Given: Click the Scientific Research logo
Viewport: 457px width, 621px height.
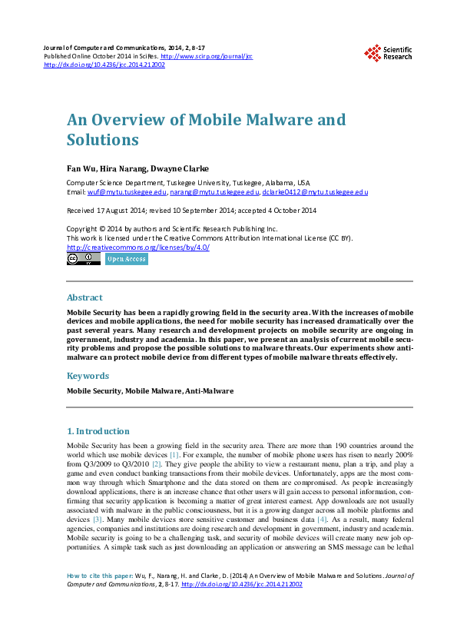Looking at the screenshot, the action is pos(388,52).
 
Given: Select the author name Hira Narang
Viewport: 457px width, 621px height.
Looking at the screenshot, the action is pos(121,169).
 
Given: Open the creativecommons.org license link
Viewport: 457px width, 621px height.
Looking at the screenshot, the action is pos(138,247).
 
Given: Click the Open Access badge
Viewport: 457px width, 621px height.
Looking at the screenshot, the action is pos(127,260).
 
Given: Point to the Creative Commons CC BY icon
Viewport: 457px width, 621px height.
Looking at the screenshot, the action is pos(84,260).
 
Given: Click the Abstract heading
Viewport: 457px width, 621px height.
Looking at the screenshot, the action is pos(84,297).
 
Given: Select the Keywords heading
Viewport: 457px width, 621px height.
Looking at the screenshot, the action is pos(88,376).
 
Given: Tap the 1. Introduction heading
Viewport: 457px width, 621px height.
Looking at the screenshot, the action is pos(98,431).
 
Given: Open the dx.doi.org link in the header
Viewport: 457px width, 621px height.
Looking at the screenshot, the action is pos(104,65).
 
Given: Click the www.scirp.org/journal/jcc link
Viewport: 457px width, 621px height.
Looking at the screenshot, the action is pos(207,57).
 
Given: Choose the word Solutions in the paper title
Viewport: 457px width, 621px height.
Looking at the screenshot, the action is pos(103,140).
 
